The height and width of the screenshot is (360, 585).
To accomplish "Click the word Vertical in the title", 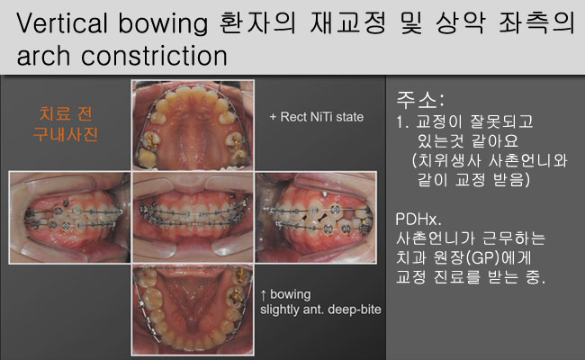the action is [x=62, y=22].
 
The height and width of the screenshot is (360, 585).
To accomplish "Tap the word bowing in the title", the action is [x=163, y=24].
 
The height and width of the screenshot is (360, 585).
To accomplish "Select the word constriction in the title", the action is [x=154, y=56].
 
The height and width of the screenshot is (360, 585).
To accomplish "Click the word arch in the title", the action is [x=43, y=56].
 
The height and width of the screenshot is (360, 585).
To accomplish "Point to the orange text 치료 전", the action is [x=66, y=113].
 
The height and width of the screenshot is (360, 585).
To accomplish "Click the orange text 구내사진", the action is [x=66, y=134].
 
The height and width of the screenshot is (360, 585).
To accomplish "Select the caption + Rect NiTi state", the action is [x=317, y=117].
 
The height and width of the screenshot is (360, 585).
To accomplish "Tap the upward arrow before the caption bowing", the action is [x=264, y=294].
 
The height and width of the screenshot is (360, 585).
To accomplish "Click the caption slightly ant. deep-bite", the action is [x=320, y=310].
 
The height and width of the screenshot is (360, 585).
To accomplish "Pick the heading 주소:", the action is [x=420, y=99].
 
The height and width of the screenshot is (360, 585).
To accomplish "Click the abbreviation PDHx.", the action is [x=418, y=219].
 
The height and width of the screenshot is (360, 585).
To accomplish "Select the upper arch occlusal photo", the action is [x=193, y=124].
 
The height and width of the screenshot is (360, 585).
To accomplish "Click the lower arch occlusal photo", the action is [x=193, y=310].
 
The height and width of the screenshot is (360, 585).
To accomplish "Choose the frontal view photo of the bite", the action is [x=193, y=217].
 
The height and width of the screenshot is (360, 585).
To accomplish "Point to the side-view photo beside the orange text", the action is [x=70, y=218].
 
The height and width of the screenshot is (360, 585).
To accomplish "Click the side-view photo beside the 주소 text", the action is [x=316, y=218].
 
